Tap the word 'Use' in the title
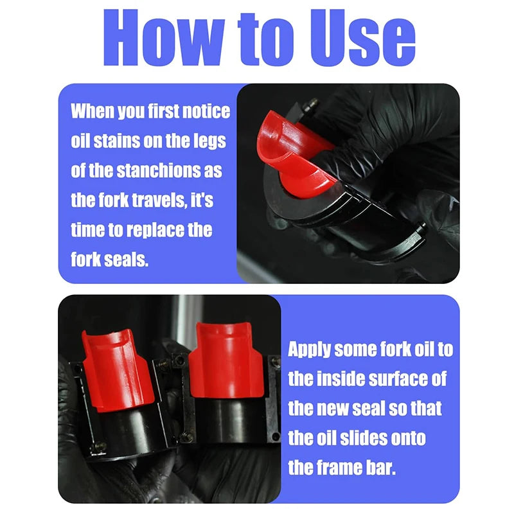tap(363, 37)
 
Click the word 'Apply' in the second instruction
tap(309, 350)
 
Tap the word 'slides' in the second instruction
tap(362, 438)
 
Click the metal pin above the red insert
tap(310, 105)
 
